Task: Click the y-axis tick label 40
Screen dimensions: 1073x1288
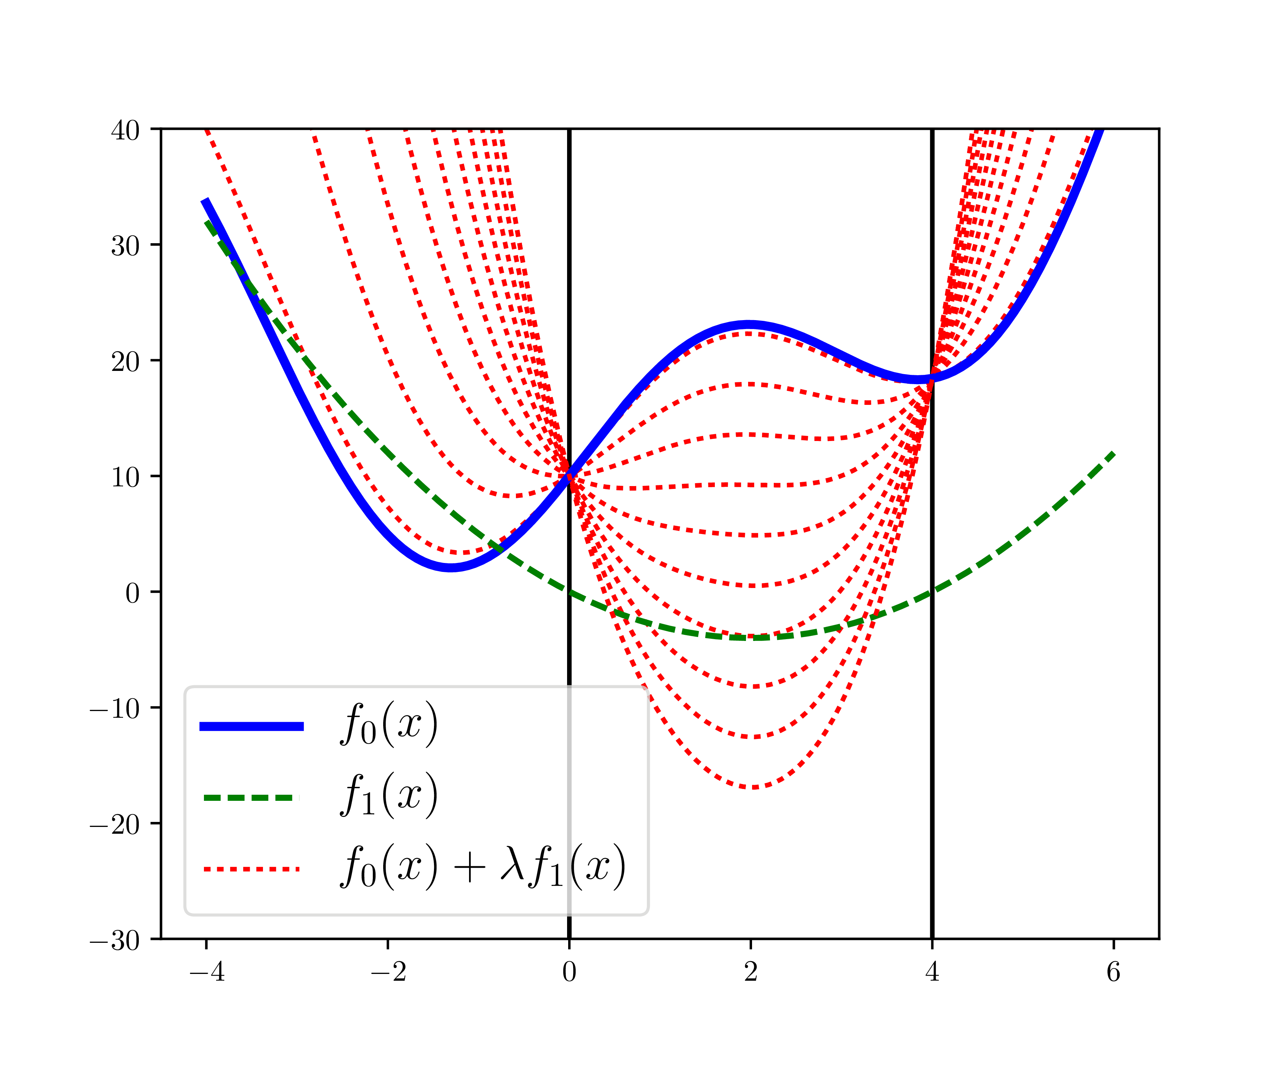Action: click(x=125, y=131)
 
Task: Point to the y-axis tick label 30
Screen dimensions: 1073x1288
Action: click(x=125, y=246)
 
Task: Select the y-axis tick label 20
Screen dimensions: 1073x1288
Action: click(x=125, y=362)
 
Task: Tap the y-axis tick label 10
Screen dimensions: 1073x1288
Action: click(x=125, y=477)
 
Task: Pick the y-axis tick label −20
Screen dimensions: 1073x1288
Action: click(x=115, y=824)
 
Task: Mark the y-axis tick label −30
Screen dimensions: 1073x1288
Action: click(x=115, y=940)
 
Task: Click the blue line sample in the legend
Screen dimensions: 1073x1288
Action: click(x=252, y=726)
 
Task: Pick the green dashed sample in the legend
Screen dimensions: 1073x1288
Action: click(x=252, y=798)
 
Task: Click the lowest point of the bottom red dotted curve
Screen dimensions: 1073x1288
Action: click(x=753, y=787)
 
